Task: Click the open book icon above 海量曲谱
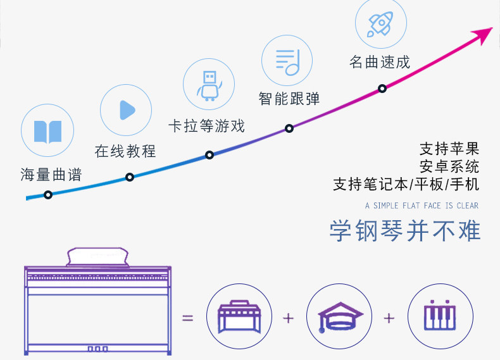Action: [x=47, y=132]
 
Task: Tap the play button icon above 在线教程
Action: [x=127, y=110]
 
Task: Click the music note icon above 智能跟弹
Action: [x=287, y=60]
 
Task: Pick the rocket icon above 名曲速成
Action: [x=381, y=24]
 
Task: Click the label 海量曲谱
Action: [x=51, y=175]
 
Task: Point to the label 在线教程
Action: [x=125, y=152]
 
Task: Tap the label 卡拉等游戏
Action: [x=206, y=125]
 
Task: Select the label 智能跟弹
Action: [x=289, y=99]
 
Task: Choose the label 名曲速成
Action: [x=380, y=62]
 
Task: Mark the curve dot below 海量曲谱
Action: [x=48, y=194]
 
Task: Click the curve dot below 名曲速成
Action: [x=382, y=89]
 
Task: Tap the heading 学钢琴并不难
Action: [x=405, y=231]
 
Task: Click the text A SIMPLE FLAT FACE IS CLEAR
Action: [x=422, y=206]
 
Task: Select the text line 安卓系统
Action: [x=449, y=167]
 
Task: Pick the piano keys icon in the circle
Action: [x=439, y=317]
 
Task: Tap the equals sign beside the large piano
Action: [x=188, y=317]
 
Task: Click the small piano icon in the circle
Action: [x=239, y=317]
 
